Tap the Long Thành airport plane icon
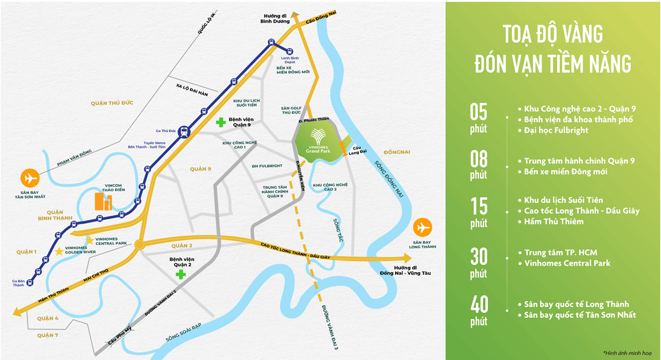click(x=422, y=228)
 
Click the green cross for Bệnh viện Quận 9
click(x=220, y=122)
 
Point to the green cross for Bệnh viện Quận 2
click(x=180, y=274)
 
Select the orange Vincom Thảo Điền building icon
click(x=103, y=201)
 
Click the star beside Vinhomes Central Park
click(x=90, y=240)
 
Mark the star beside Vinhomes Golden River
click(x=59, y=251)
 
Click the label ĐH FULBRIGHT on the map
click(x=267, y=166)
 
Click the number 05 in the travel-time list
click(x=478, y=111)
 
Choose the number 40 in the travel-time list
click(x=478, y=304)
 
